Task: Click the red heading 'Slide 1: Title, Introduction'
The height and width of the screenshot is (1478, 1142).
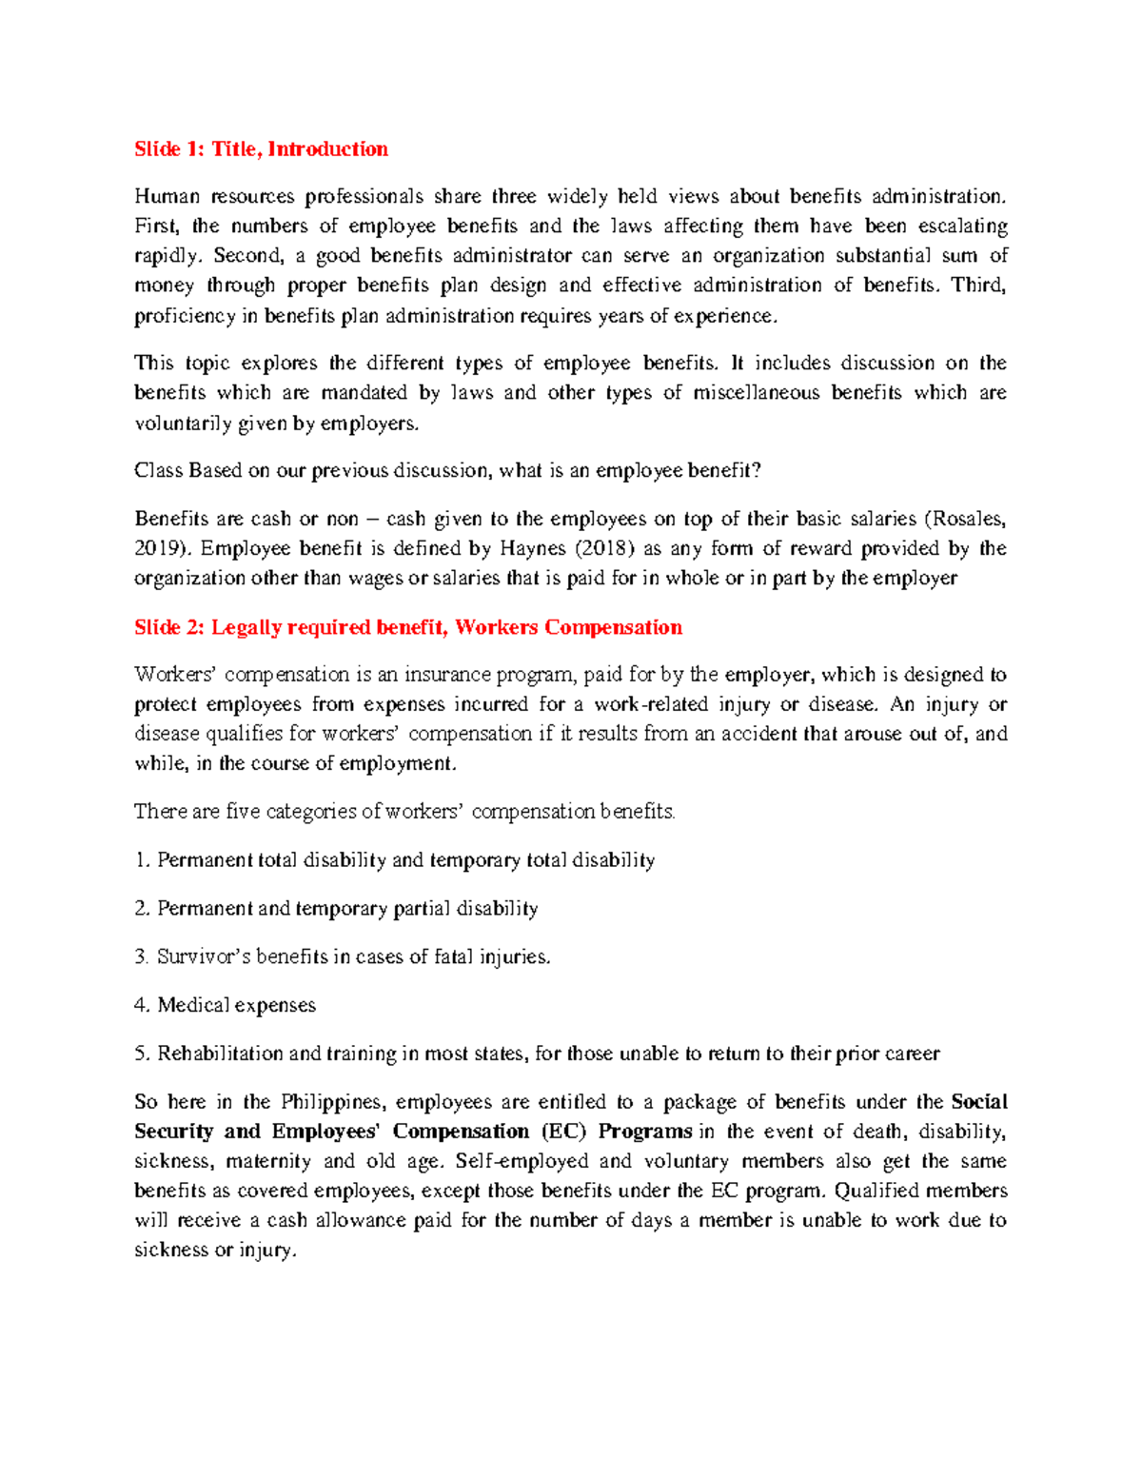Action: tap(261, 149)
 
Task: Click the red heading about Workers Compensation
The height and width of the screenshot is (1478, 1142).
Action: tap(408, 628)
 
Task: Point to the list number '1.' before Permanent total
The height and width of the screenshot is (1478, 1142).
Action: tap(143, 861)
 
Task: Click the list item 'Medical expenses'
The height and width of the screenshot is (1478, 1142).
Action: tap(236, 1006)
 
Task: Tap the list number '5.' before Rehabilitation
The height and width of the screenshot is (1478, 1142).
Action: tap(143, 1054)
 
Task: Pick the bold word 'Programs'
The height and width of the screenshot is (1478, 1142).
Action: tap(645, 1133)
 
